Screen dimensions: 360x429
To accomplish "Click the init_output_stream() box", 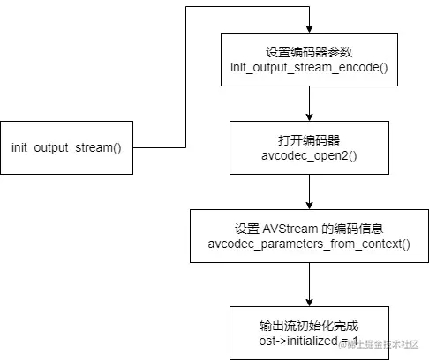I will click(66, 146).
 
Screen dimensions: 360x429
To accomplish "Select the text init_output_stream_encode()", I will click(308, 67).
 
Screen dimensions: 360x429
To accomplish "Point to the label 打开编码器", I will click(308, 139).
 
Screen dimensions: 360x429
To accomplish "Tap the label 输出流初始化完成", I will click(308, 325).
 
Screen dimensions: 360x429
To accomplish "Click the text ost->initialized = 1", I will click(308, 340).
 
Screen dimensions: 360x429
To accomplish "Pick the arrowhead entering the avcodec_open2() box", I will click(308, 117).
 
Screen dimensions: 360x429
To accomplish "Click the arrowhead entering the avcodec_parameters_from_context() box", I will click(308, 204).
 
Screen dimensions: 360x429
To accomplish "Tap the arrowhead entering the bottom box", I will click(308, 302).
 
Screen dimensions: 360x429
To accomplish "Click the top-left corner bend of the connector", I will click(185, 7).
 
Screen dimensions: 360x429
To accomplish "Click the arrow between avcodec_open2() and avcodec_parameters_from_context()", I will click(308, 190).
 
